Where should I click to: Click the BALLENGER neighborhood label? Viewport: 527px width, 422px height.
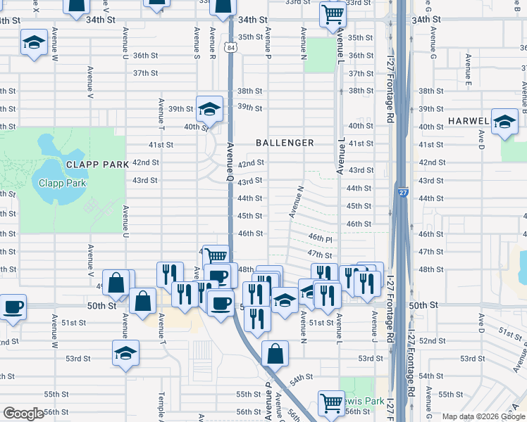(x=285, y=143)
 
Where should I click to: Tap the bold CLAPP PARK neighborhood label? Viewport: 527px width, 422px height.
(x=97, y=165)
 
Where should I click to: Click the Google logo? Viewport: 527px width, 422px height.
(x=23, y=414)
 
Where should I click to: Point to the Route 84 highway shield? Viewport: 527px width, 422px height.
(x=232, y=47)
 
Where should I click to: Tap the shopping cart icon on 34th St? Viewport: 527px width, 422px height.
(x=332, y=13)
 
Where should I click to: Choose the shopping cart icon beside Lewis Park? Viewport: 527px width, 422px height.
(x=331, y=403)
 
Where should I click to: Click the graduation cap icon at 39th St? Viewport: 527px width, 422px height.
(x=209, y=108)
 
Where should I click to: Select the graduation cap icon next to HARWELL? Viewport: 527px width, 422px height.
(x=504, y=121)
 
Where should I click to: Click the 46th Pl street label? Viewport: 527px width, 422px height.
(x=319, y=238)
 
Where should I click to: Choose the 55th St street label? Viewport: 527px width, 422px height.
(x=249, y=395)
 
